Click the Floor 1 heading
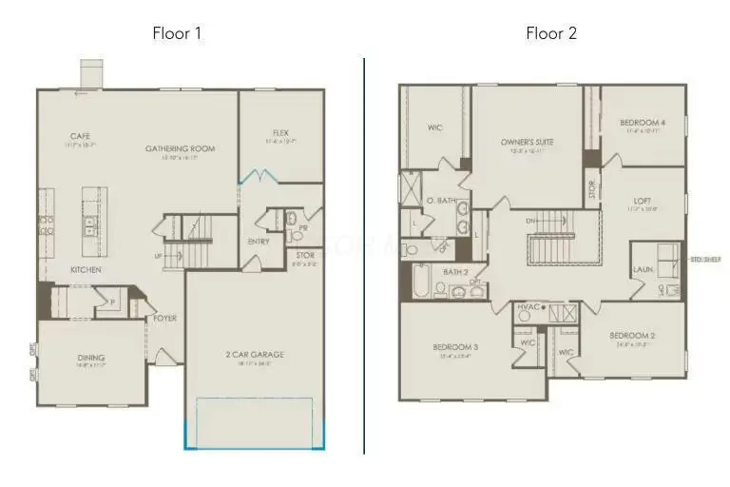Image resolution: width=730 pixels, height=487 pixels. [x=177, y=33]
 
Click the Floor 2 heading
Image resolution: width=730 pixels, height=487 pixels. [x=551, y=33]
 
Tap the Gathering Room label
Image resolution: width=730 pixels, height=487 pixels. [x=180, y=148]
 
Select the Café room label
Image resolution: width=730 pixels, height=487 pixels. [x=80, y=136]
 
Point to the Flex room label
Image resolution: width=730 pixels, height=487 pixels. [x=280, y=132]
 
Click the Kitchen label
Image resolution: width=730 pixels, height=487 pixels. [x=86, y=269]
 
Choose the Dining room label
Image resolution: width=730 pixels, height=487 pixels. [x=91, y=358]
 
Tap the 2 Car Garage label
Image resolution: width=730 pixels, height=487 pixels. [x=254, y=355]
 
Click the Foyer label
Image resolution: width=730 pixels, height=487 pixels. [x=164, y=318]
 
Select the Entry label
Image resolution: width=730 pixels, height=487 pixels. [x=258, y=241]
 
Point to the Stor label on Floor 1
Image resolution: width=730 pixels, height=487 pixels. [x=305, y=256]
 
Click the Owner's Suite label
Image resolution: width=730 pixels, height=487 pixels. [x=528, y=142]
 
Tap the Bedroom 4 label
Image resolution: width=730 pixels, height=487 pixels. [x=643, y=122]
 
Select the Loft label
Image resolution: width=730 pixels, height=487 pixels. [x=643, y=201]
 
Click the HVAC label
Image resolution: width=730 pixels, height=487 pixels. [x=528, y=306]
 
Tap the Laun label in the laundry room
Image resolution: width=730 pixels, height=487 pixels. [x=644, y=269]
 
